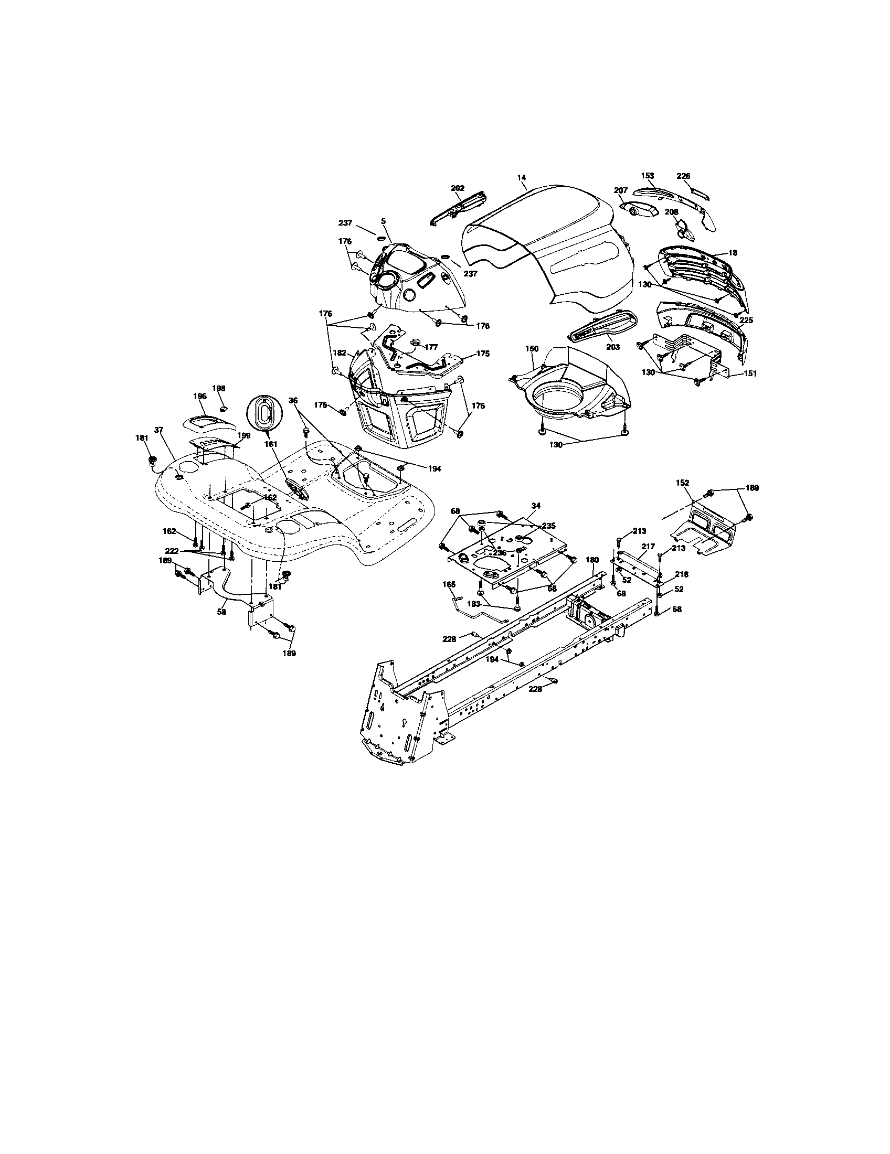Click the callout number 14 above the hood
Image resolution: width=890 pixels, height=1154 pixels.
(x=522, y=177)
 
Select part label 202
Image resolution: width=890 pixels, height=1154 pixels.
(x=458, y=188)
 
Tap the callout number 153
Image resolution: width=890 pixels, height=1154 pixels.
(x=648, y=176)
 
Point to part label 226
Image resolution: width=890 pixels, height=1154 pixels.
(x=683, y=176)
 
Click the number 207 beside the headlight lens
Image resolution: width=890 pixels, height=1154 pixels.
(x=620, y=190)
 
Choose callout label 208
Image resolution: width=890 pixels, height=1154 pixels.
(x=672, y=211)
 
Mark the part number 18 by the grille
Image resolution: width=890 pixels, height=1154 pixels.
(x=733, y=253)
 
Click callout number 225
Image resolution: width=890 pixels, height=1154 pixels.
(x=746, y=320)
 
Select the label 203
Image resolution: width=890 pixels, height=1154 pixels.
(x=613, y=347)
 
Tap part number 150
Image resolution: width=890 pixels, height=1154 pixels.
(x=532, y=349)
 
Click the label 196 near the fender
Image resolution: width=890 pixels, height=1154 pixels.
(x=199, y=396)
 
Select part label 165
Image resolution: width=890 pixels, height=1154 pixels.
(x=449, y=584)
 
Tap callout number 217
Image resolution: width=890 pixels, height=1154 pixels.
(x=649, y=547)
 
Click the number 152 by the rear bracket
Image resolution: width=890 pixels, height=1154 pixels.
(x=683, y=483)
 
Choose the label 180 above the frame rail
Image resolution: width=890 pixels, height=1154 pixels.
(x=592, y=560)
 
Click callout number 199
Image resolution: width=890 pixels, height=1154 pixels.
(x=243, y=435)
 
